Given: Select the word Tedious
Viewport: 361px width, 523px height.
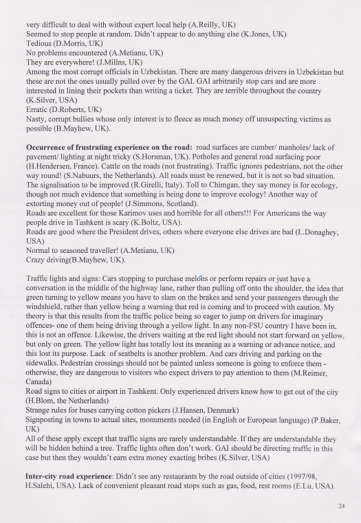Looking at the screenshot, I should point(37,43).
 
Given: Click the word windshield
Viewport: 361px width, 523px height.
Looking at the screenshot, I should point(43,307).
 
